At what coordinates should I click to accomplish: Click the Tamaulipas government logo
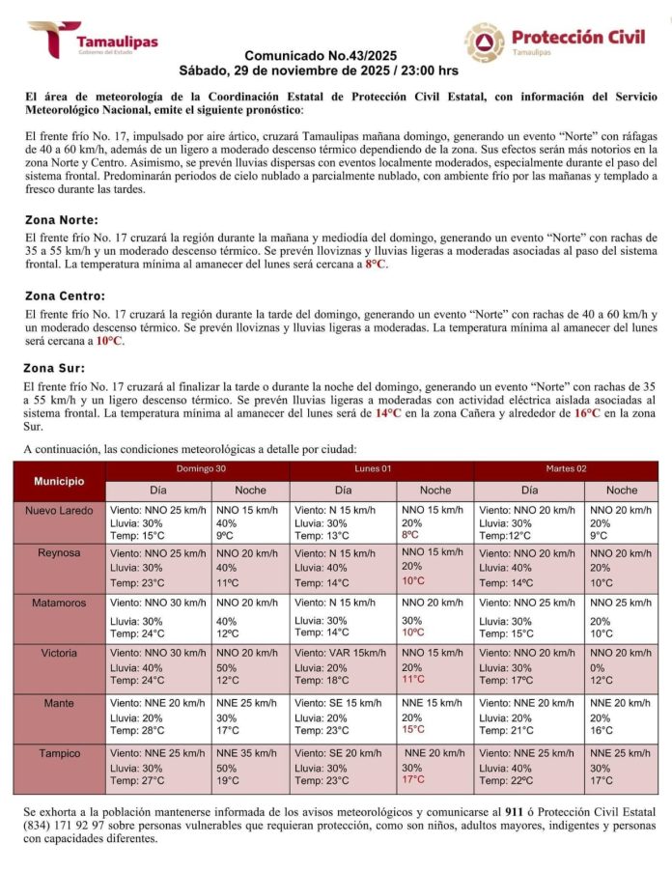tap(92, 40)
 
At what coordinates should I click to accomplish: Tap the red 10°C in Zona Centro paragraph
tap(111, 341)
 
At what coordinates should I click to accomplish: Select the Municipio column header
tap(59, 480)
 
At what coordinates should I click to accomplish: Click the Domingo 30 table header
tap(197, 469)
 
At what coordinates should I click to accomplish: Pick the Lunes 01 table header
tap(381, 469)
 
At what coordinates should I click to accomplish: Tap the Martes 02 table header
tap(566, 469)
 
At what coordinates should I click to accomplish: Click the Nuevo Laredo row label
tap(59, 510)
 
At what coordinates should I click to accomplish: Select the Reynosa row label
tap(59, 553)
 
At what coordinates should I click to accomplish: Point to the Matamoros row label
tap(59, 603)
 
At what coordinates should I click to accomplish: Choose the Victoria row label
tap(59, 653)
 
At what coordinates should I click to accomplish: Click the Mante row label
tap(59, 703)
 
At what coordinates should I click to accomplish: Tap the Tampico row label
tap(59, 752)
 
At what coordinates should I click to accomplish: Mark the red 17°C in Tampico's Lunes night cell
tap(413, 779)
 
